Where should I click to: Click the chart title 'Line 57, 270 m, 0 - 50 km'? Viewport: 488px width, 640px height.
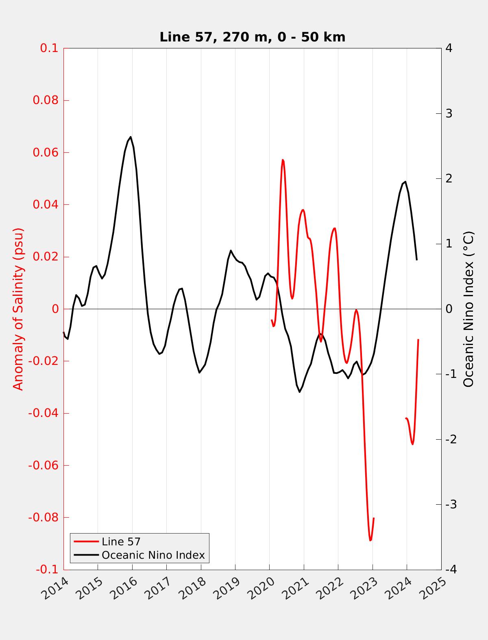(x=252, y=37)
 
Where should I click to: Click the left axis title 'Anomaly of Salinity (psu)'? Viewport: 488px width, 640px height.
(x=19, y=309)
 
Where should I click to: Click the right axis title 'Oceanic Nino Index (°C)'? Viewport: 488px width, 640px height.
(x=469, y=309)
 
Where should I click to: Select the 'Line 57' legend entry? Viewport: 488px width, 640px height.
(x=121, y=541)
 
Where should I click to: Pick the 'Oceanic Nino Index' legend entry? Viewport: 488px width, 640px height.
(x=153, y=555)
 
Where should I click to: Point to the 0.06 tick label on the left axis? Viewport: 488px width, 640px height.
(x=46, y=152)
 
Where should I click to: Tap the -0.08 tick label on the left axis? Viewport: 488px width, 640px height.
(x=43, y=517)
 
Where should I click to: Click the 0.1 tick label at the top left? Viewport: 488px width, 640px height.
(x=49, y=48)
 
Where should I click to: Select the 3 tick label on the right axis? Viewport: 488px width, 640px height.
(x=449, y=113)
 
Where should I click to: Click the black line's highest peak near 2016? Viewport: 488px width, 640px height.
(x=131, y=137)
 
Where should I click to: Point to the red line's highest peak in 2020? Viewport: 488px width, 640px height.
(x=283, y=160)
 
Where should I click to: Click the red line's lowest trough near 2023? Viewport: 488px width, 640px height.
(x=370, y=540)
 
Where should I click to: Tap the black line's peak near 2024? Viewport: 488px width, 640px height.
(x=405, y=182)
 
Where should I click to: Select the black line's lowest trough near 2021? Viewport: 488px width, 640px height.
(x=300, y=392)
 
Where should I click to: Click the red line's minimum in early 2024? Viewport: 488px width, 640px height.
(x=412, y=444)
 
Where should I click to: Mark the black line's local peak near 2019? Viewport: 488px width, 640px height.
(x=231, y=250)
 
